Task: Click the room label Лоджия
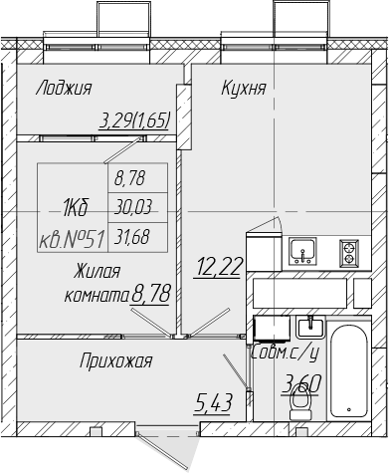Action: click(x=64, y=89)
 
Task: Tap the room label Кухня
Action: click(x=244, y=89)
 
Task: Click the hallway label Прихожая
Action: click(x=115, y=360)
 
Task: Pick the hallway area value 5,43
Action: click(x=212, y=402)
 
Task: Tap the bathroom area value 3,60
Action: click(x=301, y=384)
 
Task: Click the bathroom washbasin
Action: click(x=310, y=328)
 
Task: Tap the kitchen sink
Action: click(x=302, y=251)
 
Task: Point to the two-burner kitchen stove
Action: click(x=349, y=253)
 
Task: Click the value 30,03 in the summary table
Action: click(x=133, y=208)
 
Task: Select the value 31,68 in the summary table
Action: click(x=132, y=237)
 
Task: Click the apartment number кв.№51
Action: click(x=72, y=240)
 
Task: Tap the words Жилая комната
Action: click(x=97, y=283)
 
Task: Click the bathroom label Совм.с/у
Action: click(x=286, y=353)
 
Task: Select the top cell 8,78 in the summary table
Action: click(x=130, y=178)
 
